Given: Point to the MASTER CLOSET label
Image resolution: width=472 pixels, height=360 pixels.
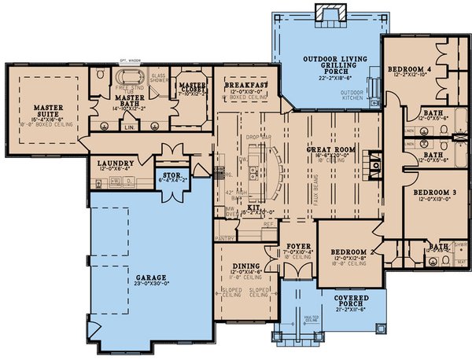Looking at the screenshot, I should (192, 87).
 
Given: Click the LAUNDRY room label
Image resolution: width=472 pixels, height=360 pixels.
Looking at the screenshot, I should (115, 163).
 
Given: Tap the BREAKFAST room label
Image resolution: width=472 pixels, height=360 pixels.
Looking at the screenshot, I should (247, 84).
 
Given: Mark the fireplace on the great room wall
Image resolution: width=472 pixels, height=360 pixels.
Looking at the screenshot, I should (378, 164).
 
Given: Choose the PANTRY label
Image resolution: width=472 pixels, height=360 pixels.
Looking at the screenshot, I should (225, 234).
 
